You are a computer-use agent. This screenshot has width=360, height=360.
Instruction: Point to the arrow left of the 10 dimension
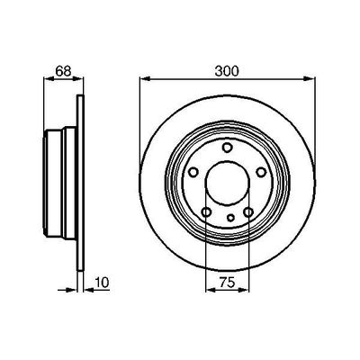tap(71, 290)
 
